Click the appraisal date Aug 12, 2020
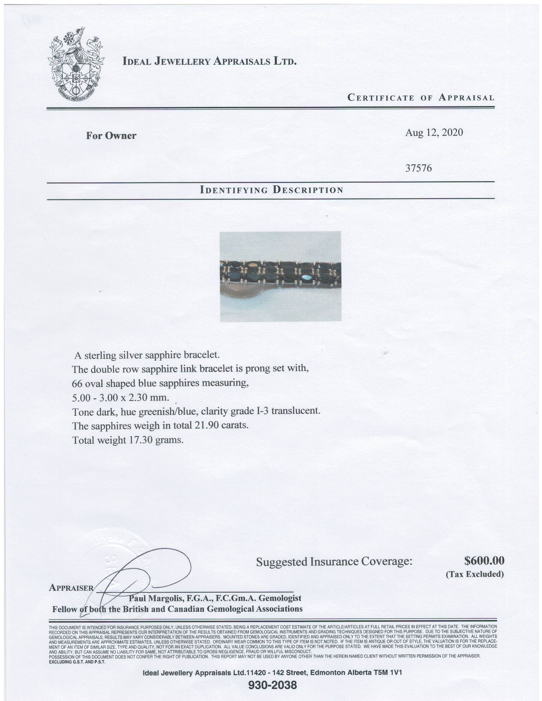434,132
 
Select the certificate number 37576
419,168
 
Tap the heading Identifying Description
271,190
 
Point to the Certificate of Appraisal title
421,97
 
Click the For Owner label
111,136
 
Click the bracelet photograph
280,276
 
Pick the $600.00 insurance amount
484,561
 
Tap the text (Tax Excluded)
475,574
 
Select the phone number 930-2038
273,685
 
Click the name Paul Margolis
152,598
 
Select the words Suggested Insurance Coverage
334,562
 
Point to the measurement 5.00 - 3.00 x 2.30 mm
121,398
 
